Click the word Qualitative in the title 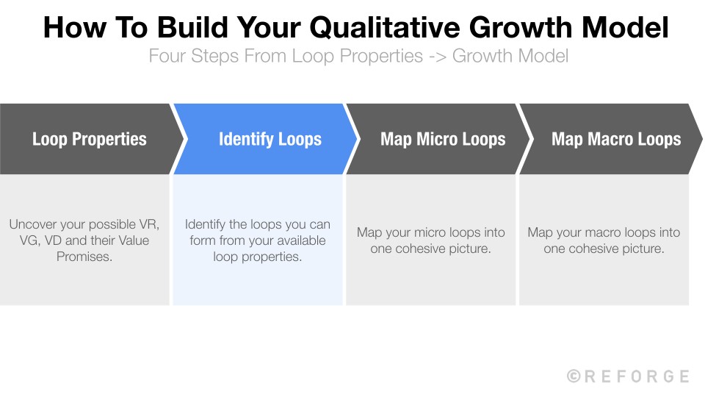tap(388, 28)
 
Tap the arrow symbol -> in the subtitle tap(437, 56)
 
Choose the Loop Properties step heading tap(90, 139)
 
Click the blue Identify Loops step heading tap(270, 139)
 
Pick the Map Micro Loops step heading tap(443, 139)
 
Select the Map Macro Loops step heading tap(616, 139)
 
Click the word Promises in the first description tap(84, 257)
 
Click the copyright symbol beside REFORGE tap(574, 376)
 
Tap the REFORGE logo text tap(637, 376)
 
